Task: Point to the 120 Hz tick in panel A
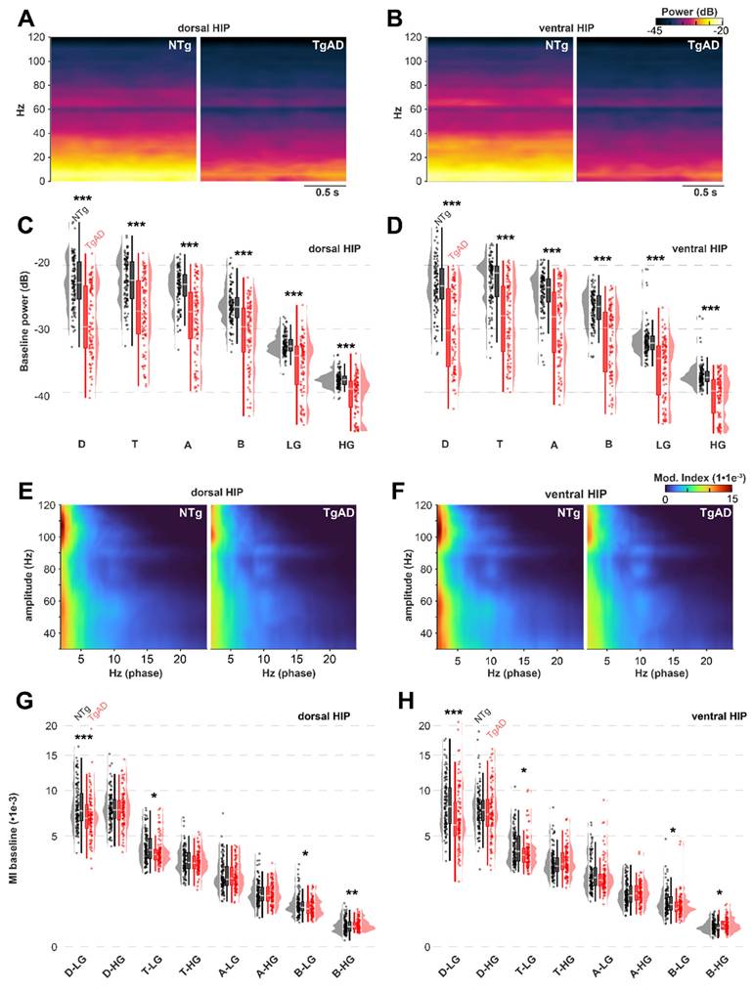34,38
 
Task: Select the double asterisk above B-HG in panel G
351,893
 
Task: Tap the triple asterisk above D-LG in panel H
453,713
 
